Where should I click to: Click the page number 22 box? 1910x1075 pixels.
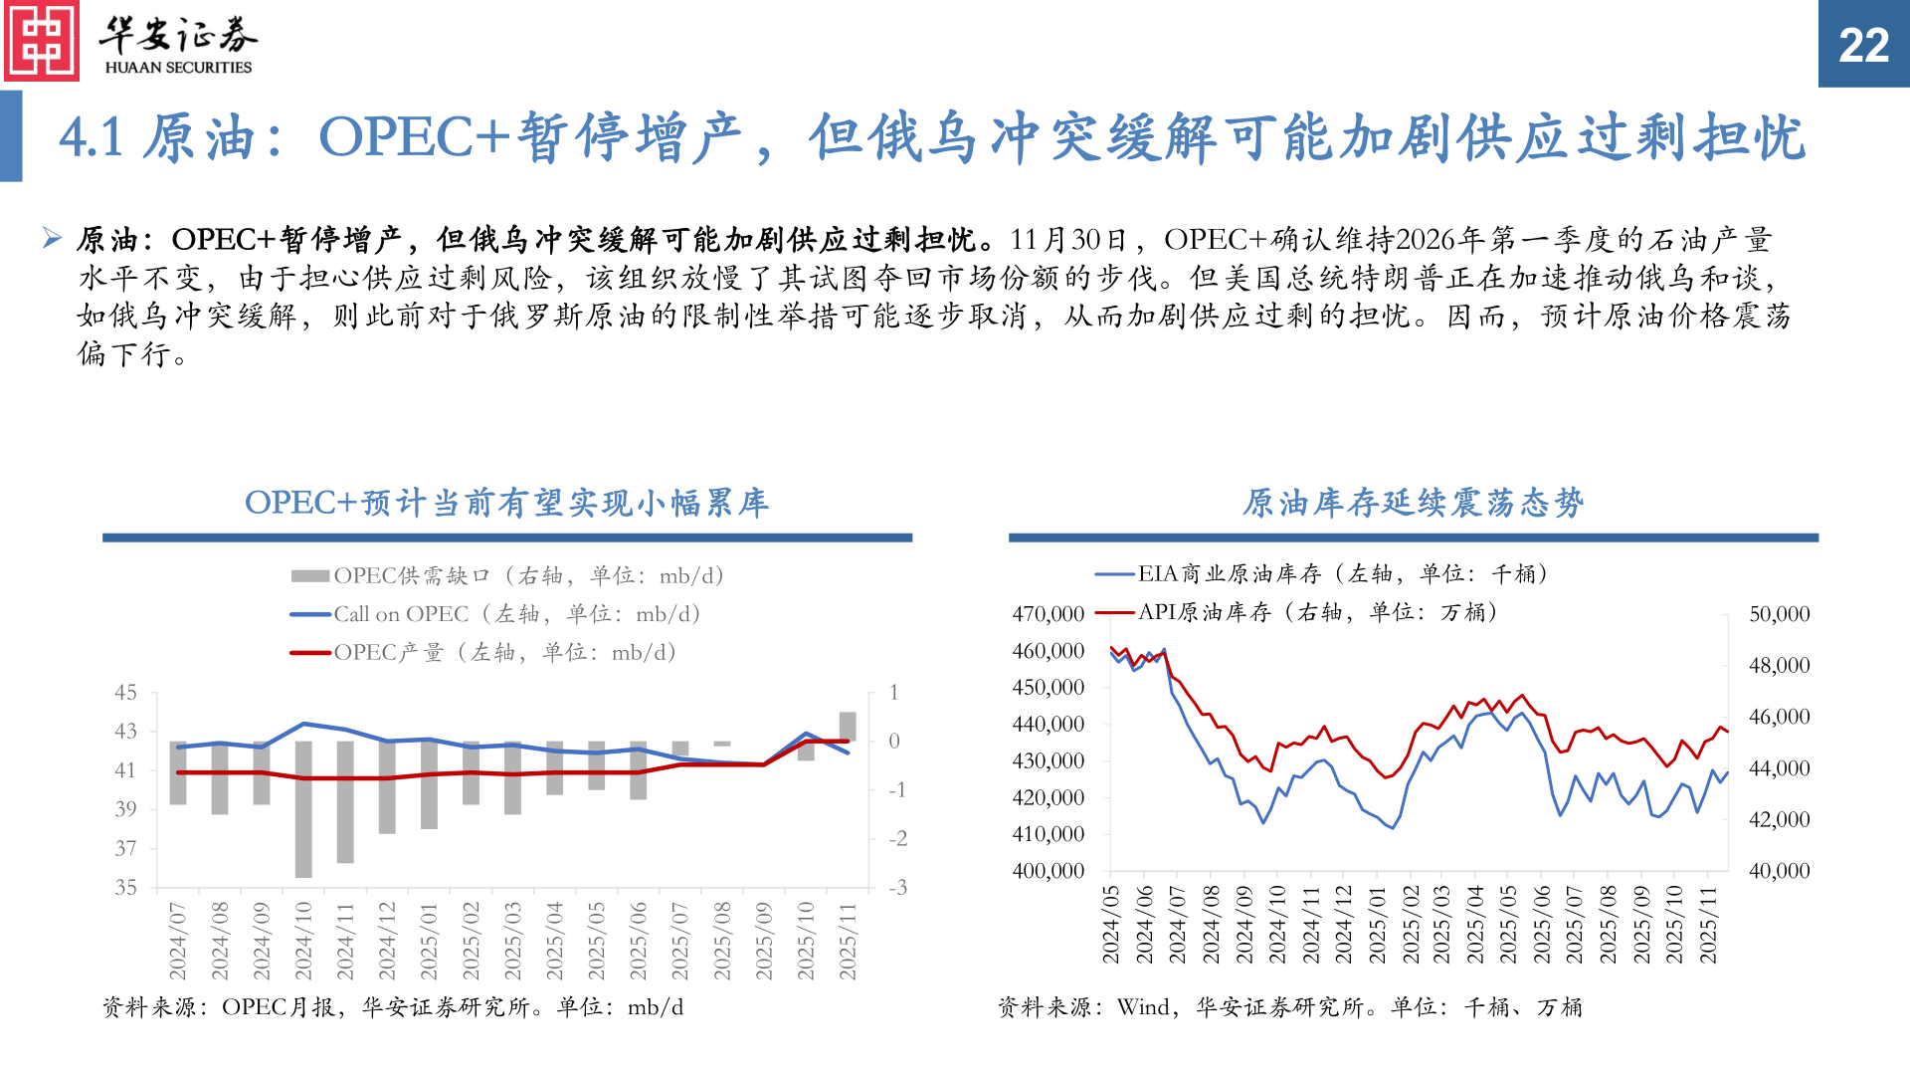pos(1863,44)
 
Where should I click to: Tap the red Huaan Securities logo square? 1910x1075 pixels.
pos(41,41)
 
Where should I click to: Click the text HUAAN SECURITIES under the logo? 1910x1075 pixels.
pos(178,68)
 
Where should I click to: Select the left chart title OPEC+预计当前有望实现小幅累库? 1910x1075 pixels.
pos(506,503)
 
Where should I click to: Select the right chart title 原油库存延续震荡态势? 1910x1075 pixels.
pos(1413,503)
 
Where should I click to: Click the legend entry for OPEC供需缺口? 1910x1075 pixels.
pos(507,575)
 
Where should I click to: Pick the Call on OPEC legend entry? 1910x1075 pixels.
pos(495,614)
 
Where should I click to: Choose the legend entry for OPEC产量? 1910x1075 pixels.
pos(483,653)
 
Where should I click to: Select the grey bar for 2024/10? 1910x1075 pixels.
pos(303,808)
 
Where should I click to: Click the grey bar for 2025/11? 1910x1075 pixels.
pos(848,727)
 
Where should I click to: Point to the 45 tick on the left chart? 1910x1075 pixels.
pos(125,692)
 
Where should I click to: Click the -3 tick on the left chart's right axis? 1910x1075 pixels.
pos(897,887)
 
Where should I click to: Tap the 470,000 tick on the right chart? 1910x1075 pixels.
pos(1048,614)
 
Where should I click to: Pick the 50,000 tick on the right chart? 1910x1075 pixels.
pos(1779,614)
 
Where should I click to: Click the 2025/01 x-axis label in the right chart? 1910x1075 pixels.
pos(1377,925)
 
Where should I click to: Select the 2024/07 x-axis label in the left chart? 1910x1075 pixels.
pos(178,941)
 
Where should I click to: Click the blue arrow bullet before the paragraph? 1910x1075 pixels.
pos(53,238)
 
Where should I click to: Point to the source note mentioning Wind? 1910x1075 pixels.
pos(1289,1007)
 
